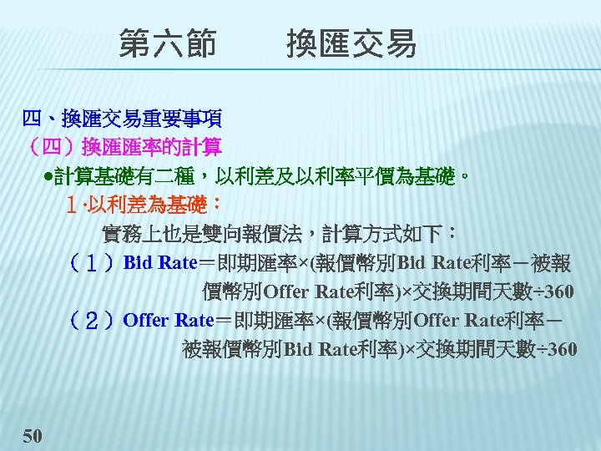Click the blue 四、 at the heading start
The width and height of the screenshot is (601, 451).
(38, 119)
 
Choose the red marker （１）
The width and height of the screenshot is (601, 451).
(93, 263)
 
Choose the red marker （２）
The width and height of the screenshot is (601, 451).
(93, 319)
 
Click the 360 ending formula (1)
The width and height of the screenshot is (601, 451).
(557, 291)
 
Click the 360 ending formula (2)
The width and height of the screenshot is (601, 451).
(557, 348)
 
